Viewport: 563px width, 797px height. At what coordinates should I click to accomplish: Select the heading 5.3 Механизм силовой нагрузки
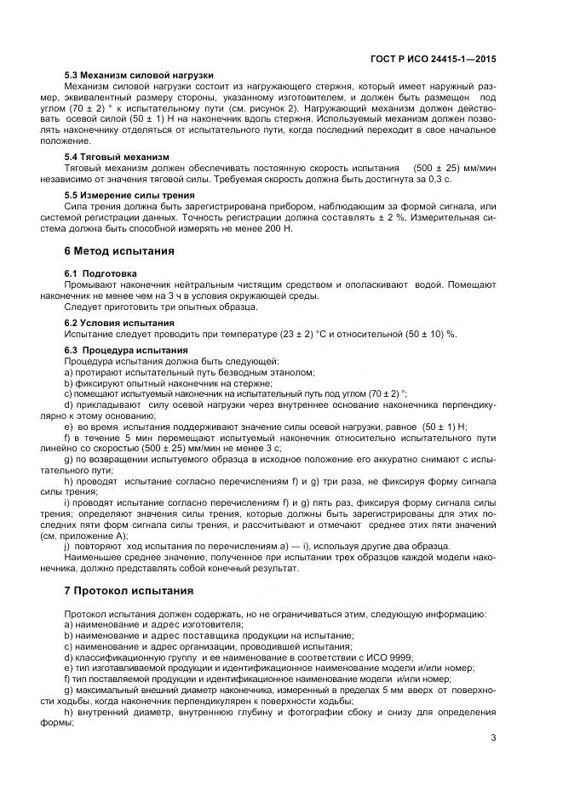[x=139, y=74]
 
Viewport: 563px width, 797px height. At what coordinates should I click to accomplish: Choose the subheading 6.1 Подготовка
[x=99, y=272]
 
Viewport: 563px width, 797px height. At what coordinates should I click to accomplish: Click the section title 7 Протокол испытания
[x=129, y=590]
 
